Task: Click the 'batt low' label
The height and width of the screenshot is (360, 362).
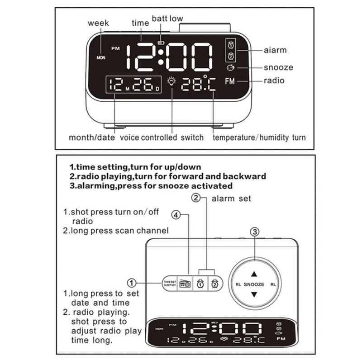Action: point(167,19)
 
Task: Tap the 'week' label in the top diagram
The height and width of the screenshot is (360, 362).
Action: point(98,23)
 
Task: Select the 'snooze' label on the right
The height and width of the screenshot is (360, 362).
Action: point(278,67)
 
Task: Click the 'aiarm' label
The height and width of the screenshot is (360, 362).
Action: point(275,50)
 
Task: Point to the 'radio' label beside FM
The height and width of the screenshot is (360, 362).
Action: point(274,81)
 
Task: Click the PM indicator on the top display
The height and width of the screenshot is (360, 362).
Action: point(116,48)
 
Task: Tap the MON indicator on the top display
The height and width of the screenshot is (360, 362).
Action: point(101,58)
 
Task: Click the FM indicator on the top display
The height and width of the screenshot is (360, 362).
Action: point(230,81)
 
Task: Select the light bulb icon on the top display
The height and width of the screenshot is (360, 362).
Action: point(171,81)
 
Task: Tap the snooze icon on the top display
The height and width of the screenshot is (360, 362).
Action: point(231,68)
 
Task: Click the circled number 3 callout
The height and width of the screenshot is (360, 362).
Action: point(255,232)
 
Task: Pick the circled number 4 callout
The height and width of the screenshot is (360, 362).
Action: point(176,215)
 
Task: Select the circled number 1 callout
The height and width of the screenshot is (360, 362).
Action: point(132,283)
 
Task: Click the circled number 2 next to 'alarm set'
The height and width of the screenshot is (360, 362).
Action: point(196,198)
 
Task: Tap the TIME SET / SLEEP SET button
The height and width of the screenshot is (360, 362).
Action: point(170,284)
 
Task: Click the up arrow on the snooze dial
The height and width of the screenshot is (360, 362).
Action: point(254,274)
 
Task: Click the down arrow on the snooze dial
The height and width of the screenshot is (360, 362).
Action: point(254,294)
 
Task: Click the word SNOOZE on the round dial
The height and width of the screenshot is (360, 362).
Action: point(254,284)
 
